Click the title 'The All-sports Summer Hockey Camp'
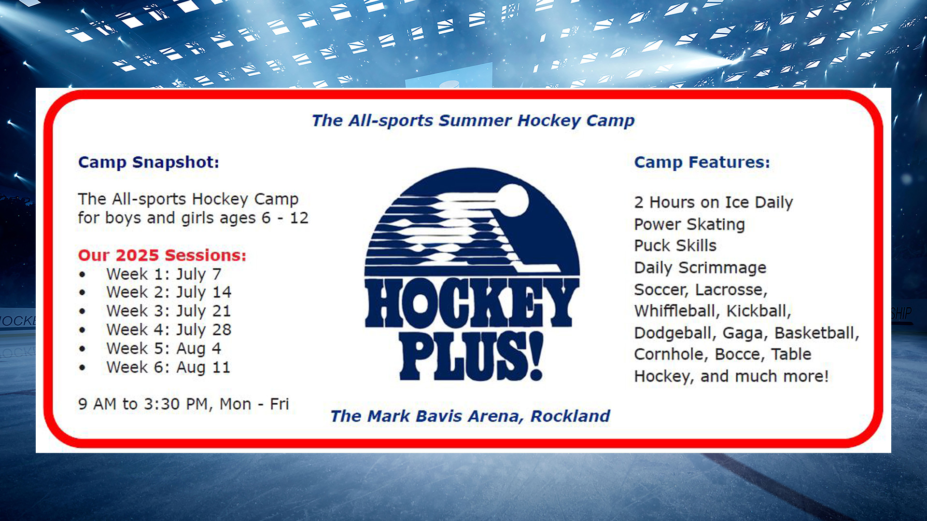473,121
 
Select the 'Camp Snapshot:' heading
149,163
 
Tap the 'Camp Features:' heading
702,163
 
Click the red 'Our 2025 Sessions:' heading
162,255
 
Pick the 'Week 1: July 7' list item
164,274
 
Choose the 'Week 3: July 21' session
169,311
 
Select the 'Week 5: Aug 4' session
164,348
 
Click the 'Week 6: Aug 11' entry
168,367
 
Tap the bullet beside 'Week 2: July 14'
83,293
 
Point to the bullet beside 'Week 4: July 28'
83,330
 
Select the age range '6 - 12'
285,218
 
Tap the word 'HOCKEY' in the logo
472,303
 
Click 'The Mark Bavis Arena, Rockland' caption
470,416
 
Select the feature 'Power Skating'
689,224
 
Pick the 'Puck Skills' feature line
675,246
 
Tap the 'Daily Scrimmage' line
700,268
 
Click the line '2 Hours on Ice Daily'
713,203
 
